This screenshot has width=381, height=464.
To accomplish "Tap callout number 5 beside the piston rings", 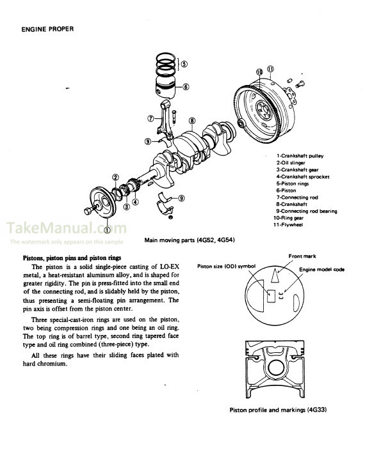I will pos(184,64).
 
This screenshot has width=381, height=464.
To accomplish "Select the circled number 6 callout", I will pos(185,87).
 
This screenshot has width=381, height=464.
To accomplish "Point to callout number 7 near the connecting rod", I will pos(150,118).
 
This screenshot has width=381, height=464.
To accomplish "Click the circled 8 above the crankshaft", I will pos(191,121).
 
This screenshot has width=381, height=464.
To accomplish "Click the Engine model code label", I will pos(323,270).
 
